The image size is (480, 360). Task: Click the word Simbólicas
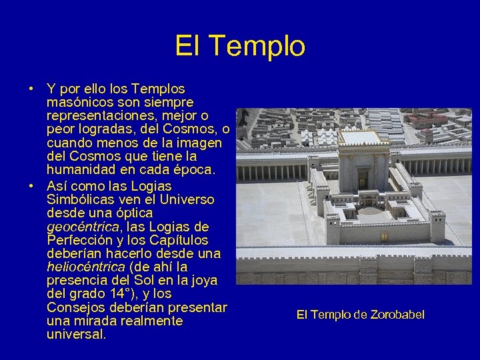(77, 200)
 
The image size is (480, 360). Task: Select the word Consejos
(73, 307)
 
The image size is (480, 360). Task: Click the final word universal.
(76, 334)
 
